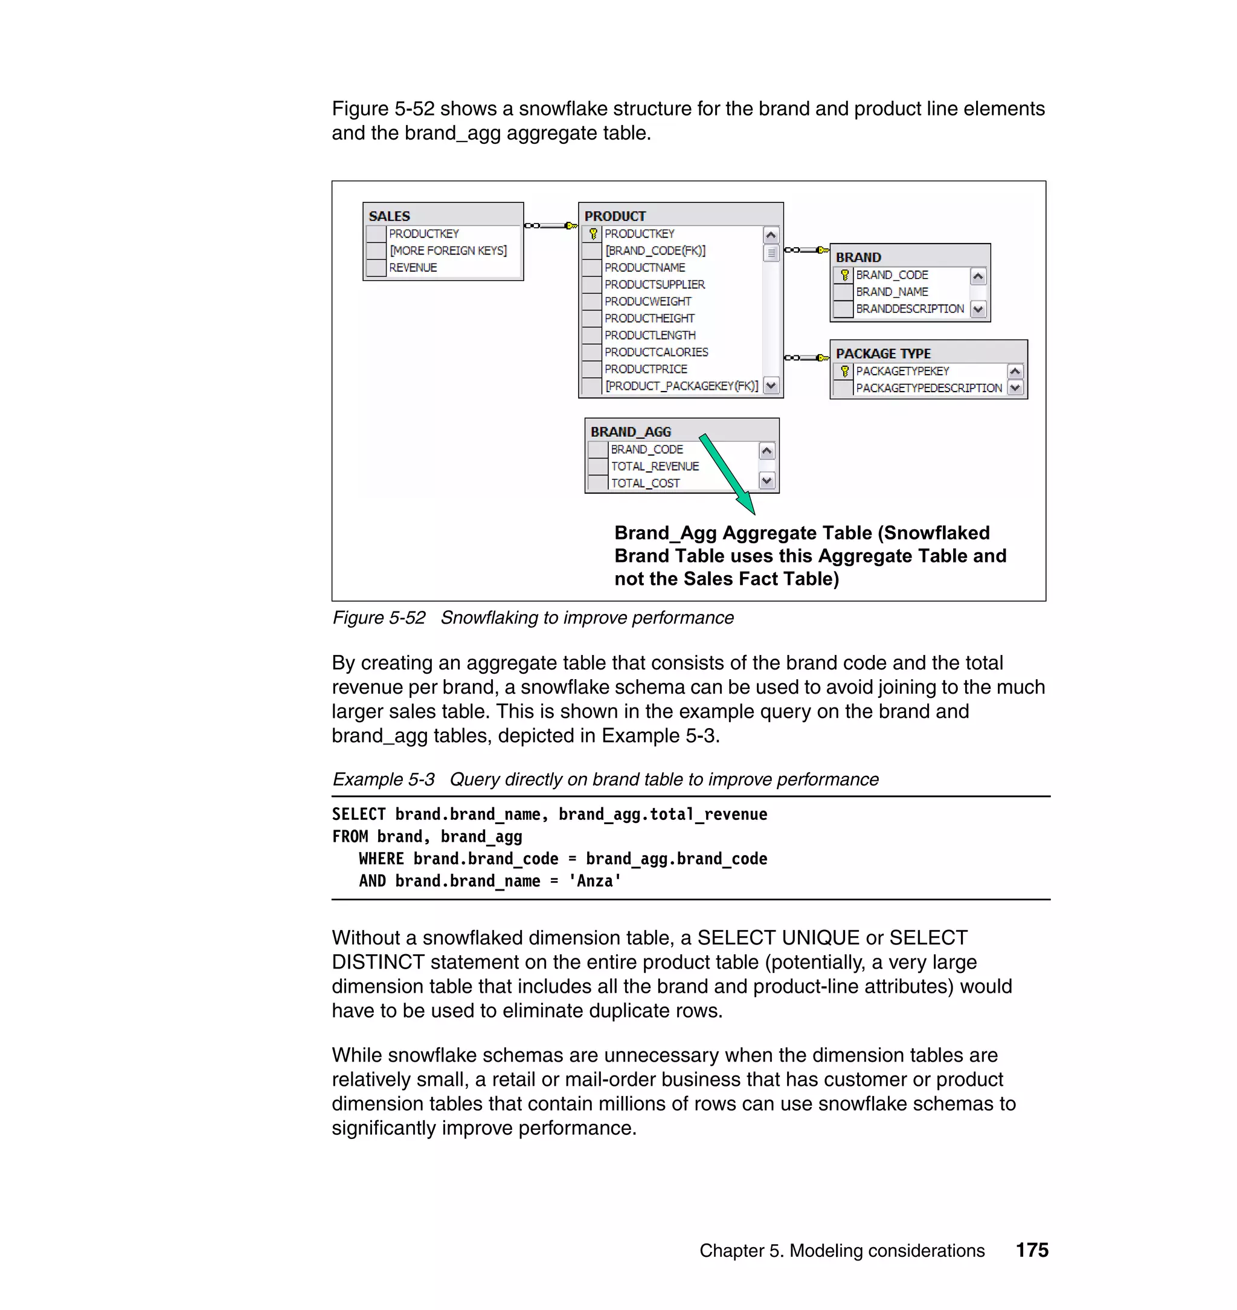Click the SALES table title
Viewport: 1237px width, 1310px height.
point(389,216)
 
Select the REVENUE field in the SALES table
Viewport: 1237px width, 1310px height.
point(413,268)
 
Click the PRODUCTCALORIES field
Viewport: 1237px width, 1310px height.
point(656,352)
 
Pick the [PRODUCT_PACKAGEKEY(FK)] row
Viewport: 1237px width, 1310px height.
point(681,386)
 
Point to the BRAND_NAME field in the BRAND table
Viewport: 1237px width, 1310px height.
point(892,292)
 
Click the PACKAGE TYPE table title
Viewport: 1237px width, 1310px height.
point(883,353)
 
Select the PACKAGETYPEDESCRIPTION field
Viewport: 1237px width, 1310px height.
point(928,389)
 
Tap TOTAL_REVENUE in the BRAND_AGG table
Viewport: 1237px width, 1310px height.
point(654,466)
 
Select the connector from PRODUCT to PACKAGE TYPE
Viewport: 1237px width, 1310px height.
point(806,358)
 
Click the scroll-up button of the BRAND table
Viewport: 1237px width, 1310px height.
point(978,276)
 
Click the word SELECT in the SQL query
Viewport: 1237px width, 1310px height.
point(359,815)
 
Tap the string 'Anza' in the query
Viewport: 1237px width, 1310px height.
point(595,881)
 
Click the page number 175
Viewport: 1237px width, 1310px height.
point(1031,1250)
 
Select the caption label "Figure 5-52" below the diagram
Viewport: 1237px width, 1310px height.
point(379,618)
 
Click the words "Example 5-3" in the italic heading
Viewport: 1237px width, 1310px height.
point(383,779)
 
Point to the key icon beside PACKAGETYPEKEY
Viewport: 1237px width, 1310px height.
point(844,372)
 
